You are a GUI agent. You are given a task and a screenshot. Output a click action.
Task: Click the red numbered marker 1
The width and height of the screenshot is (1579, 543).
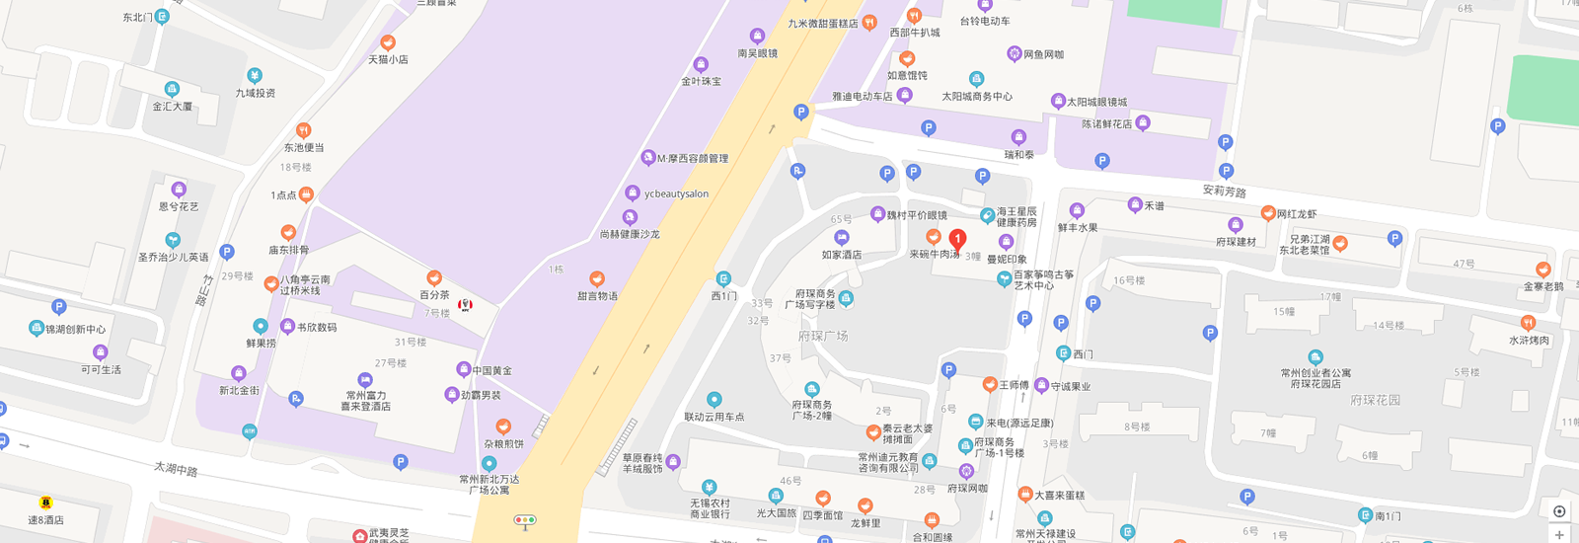[956, 239]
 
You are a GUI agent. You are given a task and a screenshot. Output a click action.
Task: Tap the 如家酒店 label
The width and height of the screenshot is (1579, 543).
[842, 255]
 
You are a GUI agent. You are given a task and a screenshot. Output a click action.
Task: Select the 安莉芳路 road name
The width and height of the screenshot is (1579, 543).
[1224, 192]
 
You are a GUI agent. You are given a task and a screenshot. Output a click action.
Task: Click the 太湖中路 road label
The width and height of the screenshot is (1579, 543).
[176, 469]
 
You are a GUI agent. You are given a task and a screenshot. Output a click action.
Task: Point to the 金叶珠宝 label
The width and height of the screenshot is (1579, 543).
[701, 81]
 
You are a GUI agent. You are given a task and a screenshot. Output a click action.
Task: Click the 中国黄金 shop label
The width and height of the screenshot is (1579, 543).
[491, 371]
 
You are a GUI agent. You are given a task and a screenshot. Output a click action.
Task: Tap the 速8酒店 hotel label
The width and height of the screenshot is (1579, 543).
[45, 519]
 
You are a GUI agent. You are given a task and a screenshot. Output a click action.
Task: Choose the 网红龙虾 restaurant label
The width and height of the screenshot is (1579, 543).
[1296, 214]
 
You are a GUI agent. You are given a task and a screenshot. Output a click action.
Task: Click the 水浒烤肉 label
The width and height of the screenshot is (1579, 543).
[1529, 341]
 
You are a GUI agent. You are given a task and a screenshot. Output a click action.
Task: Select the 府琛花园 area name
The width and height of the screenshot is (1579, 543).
[1375, 400]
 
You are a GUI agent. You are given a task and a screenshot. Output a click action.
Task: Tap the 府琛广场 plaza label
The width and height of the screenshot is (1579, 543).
[823, 336]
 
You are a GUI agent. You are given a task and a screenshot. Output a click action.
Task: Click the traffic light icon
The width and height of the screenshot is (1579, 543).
[524, 520]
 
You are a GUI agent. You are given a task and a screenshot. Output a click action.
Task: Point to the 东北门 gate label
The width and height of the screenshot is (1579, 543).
[138, 18]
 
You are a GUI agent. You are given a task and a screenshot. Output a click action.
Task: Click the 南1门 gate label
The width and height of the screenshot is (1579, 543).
[1388, 515]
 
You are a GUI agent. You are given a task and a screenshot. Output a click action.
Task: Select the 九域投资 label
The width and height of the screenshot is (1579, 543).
[256, 93]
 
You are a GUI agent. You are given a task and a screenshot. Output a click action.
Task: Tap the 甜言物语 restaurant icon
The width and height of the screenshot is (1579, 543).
[597, 279]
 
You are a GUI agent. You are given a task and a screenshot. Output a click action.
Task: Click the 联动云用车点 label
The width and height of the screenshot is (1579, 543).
[714, 417]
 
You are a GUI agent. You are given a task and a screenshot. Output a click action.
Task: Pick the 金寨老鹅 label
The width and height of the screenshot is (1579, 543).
[1543, 286]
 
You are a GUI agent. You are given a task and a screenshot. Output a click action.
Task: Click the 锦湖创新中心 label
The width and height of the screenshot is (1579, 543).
[76, 329]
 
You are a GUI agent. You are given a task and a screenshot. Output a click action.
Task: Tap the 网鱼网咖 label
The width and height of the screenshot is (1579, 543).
[1043, 54]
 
